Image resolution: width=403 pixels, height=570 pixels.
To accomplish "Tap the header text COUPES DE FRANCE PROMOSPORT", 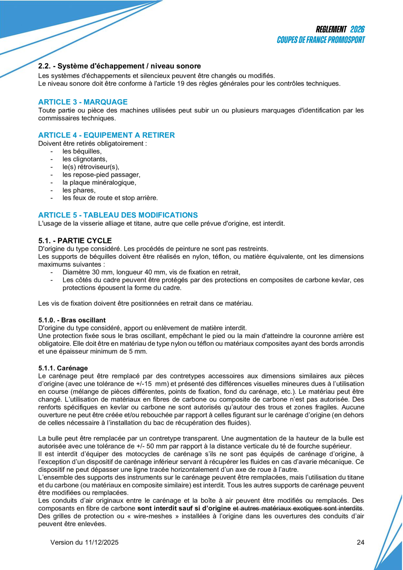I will point(321,40).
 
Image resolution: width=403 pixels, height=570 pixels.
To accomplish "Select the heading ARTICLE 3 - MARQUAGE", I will point(83,102).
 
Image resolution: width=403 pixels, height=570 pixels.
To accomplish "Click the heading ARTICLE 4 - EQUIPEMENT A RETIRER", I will point(107,135).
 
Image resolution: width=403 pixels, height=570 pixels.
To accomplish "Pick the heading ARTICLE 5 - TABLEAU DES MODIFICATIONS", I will point(118,215).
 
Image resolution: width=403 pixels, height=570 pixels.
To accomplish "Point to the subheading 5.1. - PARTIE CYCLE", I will point(75,240).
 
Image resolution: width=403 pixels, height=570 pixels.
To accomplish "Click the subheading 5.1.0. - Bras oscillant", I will point(72,320).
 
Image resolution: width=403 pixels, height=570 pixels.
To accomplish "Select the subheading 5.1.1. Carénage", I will point(63,367).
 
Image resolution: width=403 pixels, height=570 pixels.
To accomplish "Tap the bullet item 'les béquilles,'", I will point(82,151).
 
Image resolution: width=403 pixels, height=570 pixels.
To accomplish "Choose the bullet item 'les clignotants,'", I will point(85,159).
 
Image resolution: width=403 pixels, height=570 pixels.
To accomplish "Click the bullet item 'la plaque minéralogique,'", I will point(100,182).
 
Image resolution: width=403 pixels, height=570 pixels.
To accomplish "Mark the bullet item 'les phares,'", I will point(79,190).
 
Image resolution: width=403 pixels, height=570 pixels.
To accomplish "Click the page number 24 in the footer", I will point(360,542).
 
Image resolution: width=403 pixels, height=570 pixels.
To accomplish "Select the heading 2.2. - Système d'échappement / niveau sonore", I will point(119,66).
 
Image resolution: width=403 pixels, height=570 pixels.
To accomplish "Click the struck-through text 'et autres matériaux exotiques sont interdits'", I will point(298,508).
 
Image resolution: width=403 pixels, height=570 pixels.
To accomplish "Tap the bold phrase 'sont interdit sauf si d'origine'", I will point(184,508).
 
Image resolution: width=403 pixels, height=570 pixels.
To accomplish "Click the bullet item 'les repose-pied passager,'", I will point(101,175).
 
